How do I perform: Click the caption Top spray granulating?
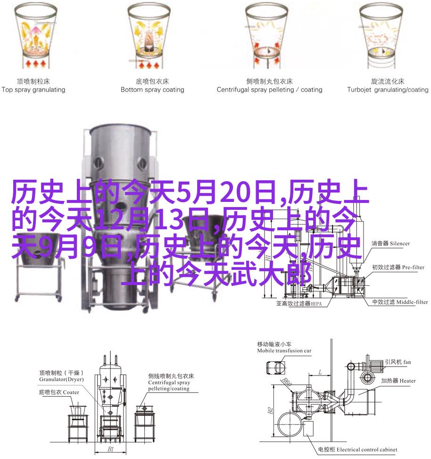33,90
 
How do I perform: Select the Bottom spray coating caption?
152,90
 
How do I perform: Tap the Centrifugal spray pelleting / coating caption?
269,90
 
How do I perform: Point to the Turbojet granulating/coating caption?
388,90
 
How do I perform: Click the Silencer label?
400,243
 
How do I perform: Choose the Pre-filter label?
413,267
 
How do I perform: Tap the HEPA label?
316,304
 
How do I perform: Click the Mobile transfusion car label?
284,351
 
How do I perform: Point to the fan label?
407,362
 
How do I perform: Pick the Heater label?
407,381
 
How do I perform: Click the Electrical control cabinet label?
367,450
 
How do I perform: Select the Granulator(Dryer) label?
61,379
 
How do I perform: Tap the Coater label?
71,392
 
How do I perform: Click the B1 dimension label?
111,449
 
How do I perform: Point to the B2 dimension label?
270,411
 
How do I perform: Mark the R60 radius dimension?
287,382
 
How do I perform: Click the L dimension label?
320,372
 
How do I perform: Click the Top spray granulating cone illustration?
36,35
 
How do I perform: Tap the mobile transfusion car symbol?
276,367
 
